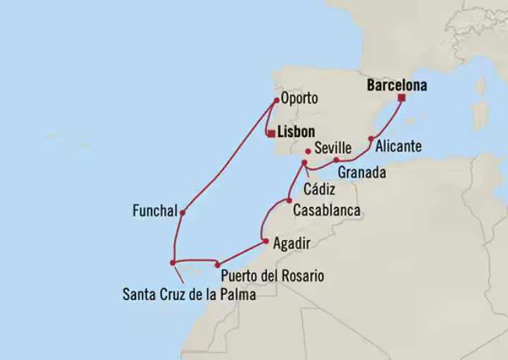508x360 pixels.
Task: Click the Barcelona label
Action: pyautogui.click(x=397, y=85)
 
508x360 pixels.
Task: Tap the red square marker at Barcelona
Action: pyautogui.click(x=401, y=98)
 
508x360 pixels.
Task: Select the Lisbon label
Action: pyautogui.click(x=296, y=132)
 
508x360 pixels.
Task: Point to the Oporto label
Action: pyautogui.click(x=300, y=99)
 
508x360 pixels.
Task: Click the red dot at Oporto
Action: pyautogui.click(x=276, y=100)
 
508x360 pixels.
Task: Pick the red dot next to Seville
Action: pyautogui.click(x=308, y=150)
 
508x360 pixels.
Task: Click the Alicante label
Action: pyautogui.click(x=399, y=147)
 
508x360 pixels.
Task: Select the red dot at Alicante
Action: pyautogui.click(x=371, y=138)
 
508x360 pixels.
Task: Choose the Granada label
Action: pyautogui.click(x=361, y=172)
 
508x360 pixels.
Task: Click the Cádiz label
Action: pyautogui.click(x=315, y=188)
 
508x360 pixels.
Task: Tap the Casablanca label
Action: pyautogui.click(x=327, y=210)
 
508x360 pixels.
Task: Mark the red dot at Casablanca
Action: pyautogui.click(x=289, y=200)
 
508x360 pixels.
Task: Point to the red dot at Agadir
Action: pyautogui.click(x=265, y=241)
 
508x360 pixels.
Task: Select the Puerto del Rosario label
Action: pyautogui.click(x=272, y=276)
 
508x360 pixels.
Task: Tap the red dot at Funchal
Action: pyautogui.click(x=182, y=212)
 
